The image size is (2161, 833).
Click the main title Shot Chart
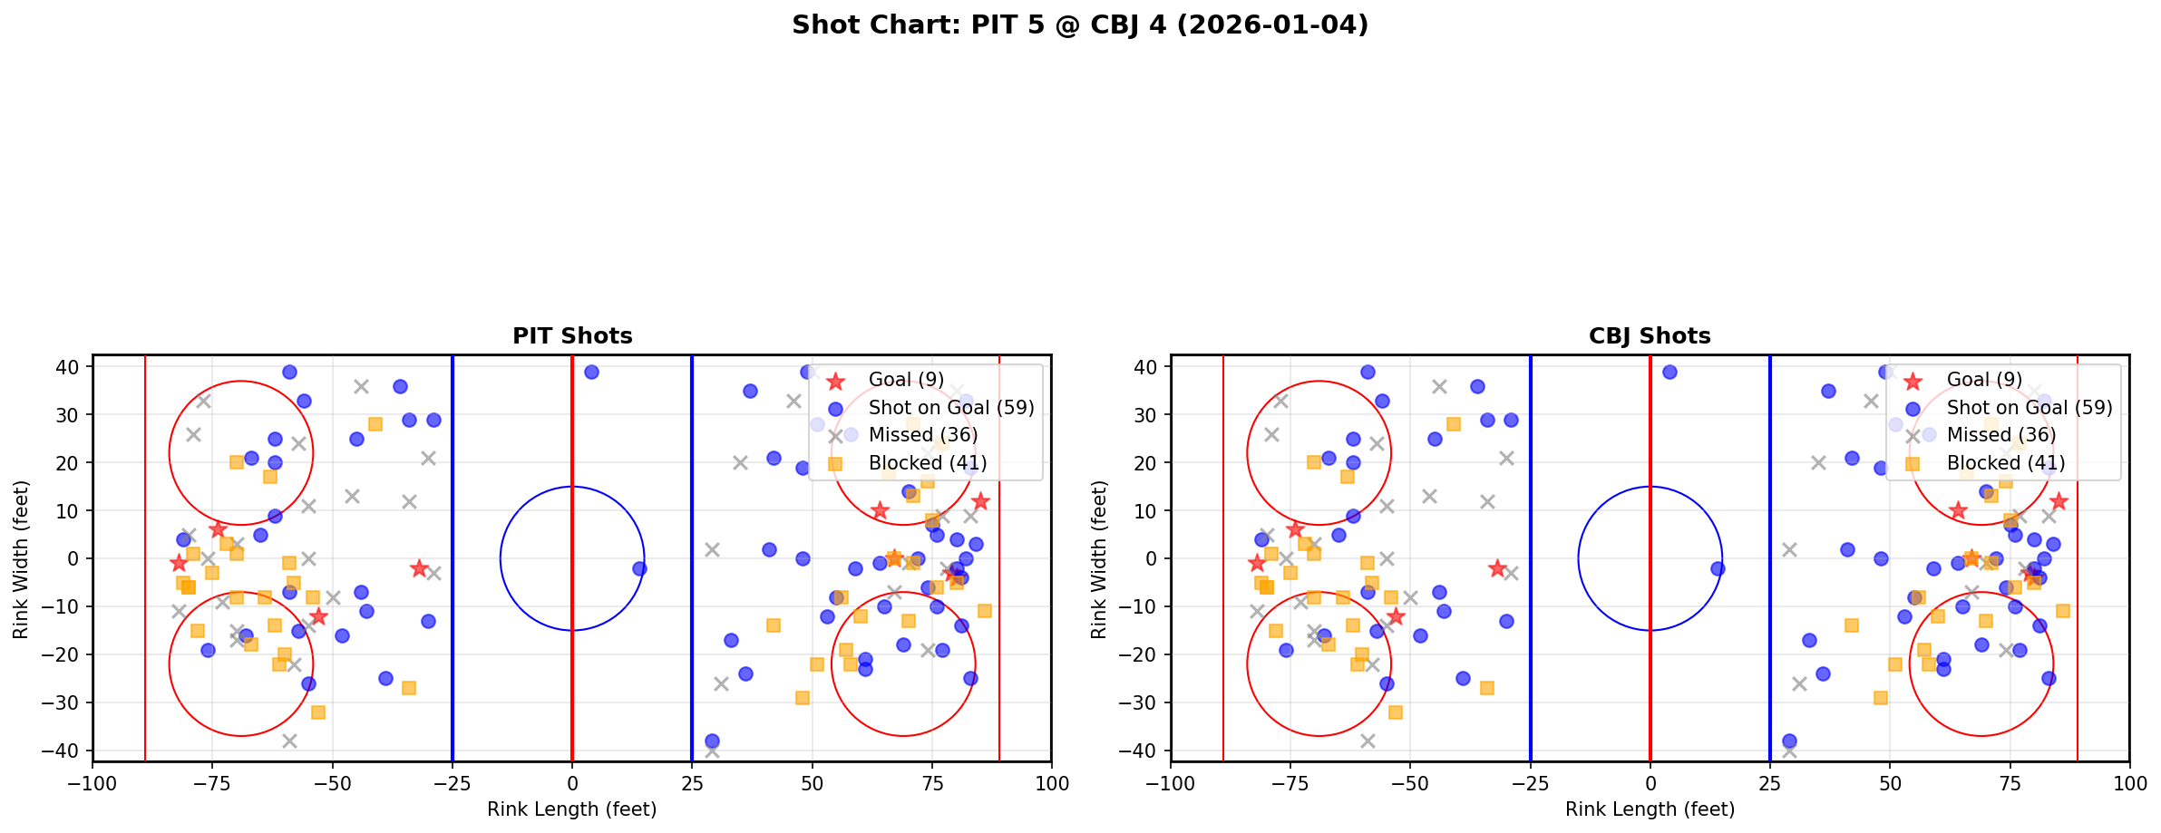1080,24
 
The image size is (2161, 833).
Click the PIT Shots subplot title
572,336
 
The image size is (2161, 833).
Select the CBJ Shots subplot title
1650,336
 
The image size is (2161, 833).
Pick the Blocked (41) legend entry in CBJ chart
2006,463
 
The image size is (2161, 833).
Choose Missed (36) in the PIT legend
923,435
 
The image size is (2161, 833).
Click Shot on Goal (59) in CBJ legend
2030,408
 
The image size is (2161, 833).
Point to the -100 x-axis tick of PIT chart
92,783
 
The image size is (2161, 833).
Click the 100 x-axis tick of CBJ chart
2129,783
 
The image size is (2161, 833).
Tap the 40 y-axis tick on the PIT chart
69,367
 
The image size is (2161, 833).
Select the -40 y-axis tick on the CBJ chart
1141,751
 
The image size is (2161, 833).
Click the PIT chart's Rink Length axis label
572,809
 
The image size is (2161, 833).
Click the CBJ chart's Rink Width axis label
1099,559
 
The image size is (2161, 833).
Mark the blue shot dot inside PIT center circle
639,568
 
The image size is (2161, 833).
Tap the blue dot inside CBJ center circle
1718,568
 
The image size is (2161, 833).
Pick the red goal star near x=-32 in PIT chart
419,568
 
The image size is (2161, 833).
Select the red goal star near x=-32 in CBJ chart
1497,568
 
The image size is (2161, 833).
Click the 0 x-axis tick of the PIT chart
572,783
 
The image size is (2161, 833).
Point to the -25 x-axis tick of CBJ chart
1530,783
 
